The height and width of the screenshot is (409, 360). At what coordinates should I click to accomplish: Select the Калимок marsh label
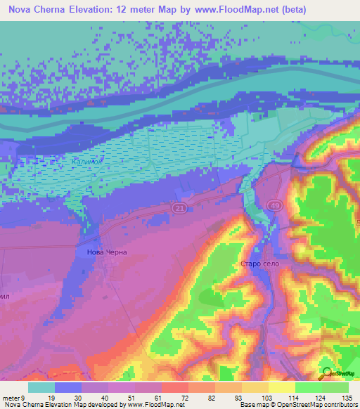tap(87, 162)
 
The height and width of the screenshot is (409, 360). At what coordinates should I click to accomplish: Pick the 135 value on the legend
tap(347, 397)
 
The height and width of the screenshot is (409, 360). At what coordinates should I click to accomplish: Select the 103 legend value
tap(266, 397)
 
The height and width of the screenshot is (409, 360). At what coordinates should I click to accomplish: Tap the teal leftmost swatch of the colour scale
tap(41, 387)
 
